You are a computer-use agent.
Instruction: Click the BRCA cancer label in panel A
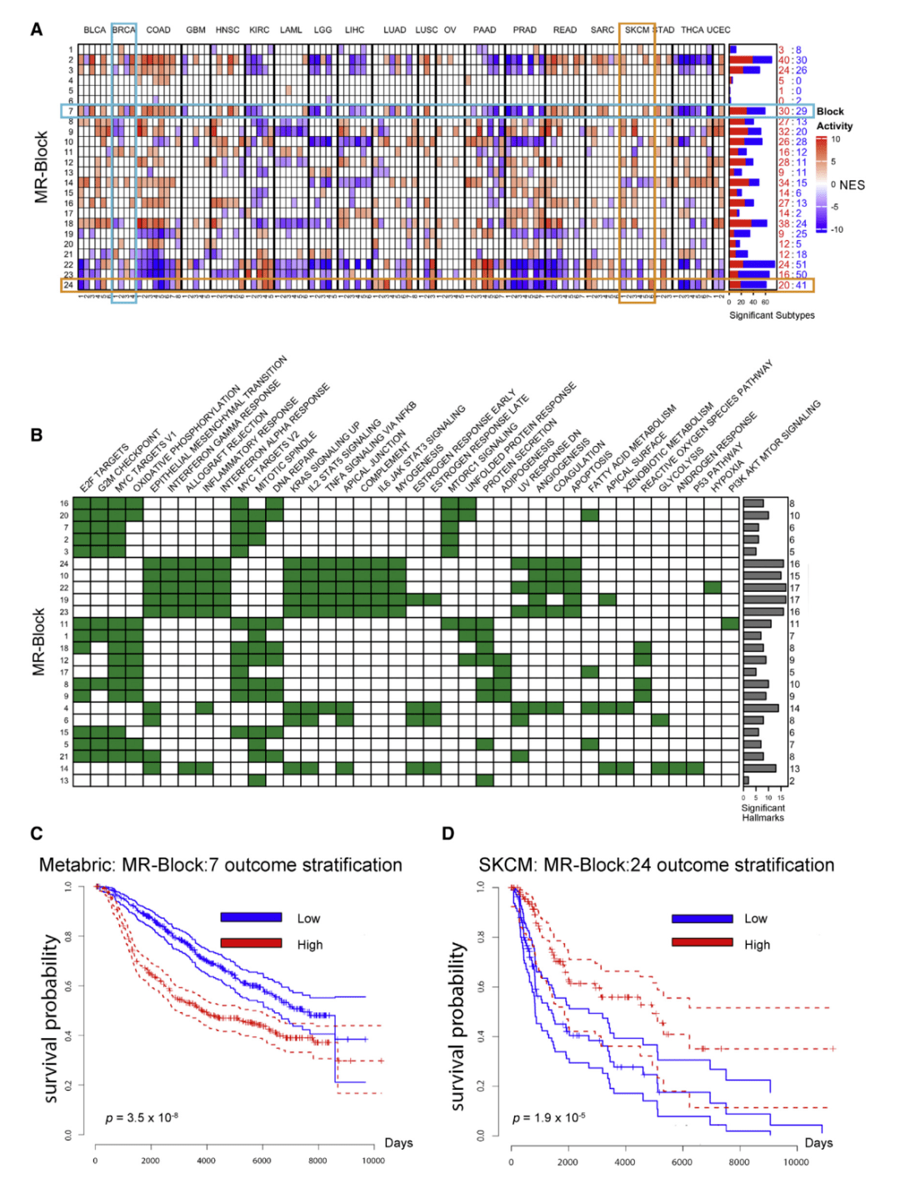pos(123,30)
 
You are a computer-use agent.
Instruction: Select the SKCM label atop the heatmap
pos(637,30)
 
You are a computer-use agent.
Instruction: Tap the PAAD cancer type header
pos(484,30)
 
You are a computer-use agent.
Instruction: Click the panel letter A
pos(37,30)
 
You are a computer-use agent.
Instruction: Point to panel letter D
pos(448,834)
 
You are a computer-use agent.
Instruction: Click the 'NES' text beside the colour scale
pos(852,185)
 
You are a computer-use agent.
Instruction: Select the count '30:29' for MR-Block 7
pos(792,111)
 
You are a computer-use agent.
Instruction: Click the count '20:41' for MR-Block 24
pos(792,285)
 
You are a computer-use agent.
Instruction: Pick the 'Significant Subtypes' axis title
pos(772,315)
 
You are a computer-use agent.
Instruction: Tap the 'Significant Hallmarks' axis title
pos(762,813)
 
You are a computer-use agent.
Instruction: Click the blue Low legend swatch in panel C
pos(251,917)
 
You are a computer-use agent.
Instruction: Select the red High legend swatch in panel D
pos(702,942)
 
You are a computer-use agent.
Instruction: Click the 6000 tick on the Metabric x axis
pos(262,1161)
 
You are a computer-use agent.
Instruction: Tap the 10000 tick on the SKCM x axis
pos(796,1161)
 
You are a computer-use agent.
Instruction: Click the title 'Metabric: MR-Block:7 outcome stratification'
pos(221,865)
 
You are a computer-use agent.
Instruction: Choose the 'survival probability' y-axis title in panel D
pos(457,1026)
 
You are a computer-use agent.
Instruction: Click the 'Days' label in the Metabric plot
pos(398,1142)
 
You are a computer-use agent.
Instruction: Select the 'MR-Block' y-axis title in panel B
pos(38,641)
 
